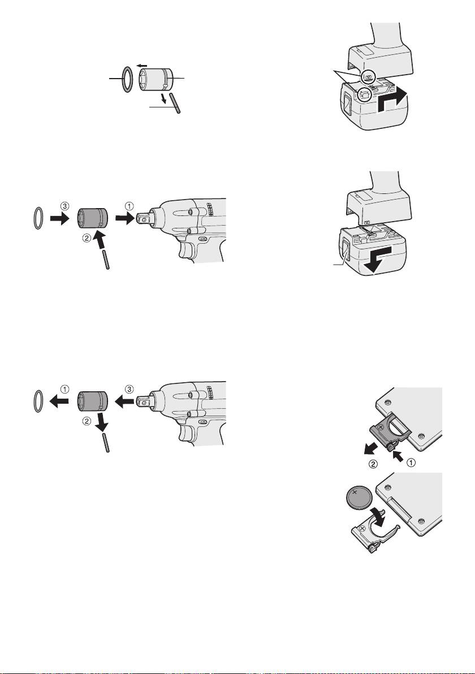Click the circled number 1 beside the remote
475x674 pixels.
(x=411, y=463)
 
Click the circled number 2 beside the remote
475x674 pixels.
(x=374, y=464)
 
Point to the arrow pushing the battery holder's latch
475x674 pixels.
(x=399, y=455)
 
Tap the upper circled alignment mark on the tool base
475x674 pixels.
(x=368, y=77)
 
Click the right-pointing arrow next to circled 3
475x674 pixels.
(x=59, y=218)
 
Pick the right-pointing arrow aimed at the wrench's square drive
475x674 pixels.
(x=124, y=219)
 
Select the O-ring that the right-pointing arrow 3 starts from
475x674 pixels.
(x=38, y=218)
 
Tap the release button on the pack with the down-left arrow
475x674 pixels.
(x=345, y=252)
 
